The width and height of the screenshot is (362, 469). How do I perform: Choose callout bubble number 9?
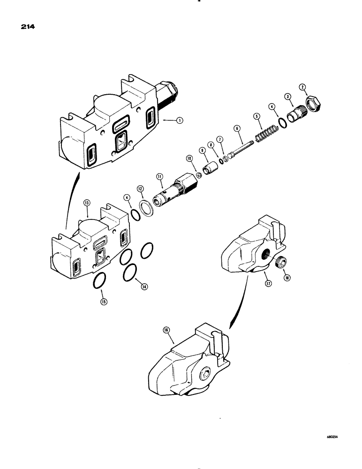pyautogui.click(x=203, y=151)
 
